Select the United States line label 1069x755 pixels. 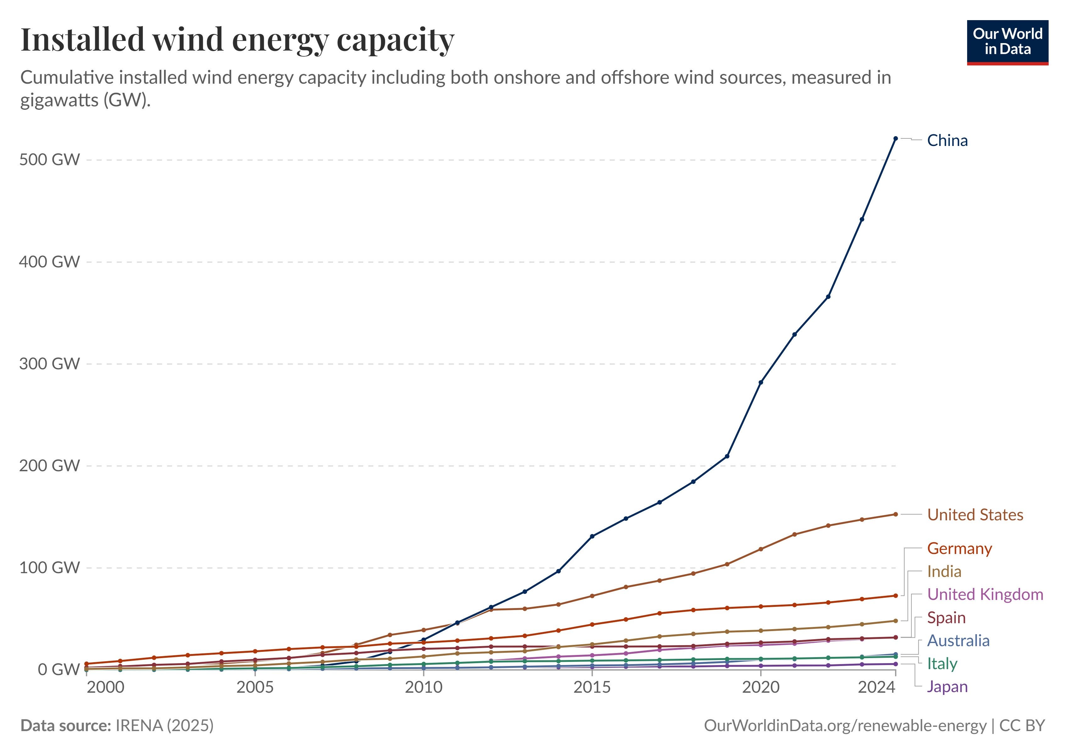[x=975, y=515]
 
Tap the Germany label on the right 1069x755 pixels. [x=959, y=548]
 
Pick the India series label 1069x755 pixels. [x=944, y=572]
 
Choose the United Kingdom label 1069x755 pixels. [x=985, y=594]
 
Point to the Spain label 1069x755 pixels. [x=946, y=618]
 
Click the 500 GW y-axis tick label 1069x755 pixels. [x=49, y=160]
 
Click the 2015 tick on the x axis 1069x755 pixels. [x=592, y=687]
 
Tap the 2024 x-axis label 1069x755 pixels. [x=876, y=687]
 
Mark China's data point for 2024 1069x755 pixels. [x=895, y=138]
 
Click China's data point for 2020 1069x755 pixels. [x=761, y=383]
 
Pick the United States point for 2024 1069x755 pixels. [x=895, y=514]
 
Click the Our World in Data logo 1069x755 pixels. [x=1008, y=42]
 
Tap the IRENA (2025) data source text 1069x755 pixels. [x=164, y=725]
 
